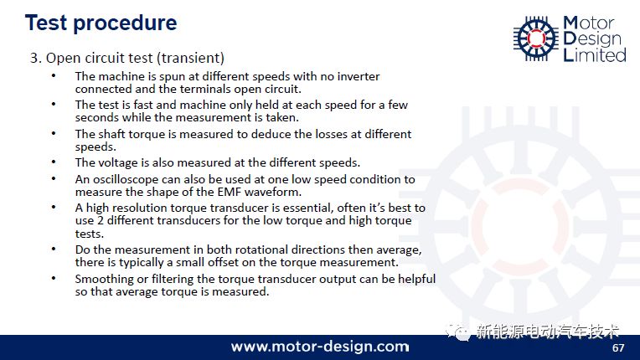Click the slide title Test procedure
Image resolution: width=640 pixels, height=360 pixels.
(x=101, y=23)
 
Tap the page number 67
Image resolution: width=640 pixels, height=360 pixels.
(x=618, y=347)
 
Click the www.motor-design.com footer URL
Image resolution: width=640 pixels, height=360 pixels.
(x=320, y=347)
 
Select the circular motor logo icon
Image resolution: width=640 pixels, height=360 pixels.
(x=536, y=39)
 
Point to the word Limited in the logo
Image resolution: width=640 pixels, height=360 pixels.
(x=595, y=55)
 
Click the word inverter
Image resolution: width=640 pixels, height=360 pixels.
(x=359, y=76)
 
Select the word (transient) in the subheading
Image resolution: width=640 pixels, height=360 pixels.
(x=193, y=58)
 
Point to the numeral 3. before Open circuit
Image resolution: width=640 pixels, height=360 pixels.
(x=36, y=58)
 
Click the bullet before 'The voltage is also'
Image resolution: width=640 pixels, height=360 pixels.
(x=54, y=162)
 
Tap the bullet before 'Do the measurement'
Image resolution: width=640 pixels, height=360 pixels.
(x=54, y=249)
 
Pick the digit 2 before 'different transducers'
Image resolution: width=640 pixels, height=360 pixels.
(x=101, y=220)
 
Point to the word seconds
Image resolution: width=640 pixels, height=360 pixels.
(x=96, y=117)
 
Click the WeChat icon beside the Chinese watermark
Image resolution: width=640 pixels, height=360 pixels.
(x=458, y=332)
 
